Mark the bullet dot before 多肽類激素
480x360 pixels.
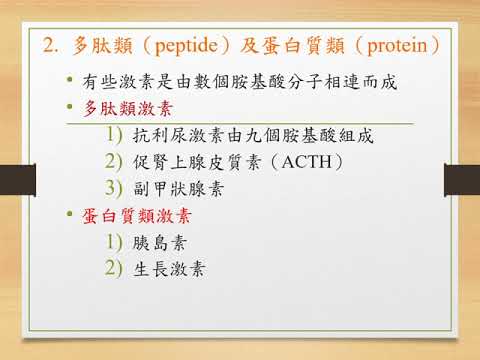pos(68,108)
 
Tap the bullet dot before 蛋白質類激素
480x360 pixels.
pos(68,214)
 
